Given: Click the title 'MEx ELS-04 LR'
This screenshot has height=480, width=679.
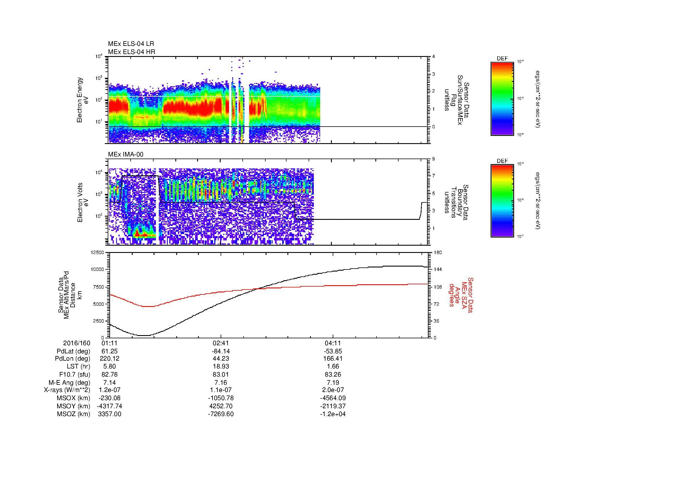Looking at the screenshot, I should click(x=131, y=44).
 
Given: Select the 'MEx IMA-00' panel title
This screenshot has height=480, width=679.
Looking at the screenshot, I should click(x=126, y=154).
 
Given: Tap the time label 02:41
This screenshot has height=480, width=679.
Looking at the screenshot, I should click(x=221, y=343).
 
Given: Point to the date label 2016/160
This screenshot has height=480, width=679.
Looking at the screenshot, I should click(x=77, y=343).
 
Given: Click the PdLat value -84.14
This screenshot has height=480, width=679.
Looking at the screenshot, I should click(x=221, y=351).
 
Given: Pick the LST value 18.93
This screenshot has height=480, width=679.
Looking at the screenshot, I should click(x=221, y=366).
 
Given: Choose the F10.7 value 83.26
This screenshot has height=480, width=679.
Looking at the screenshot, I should click(x=333, y=374).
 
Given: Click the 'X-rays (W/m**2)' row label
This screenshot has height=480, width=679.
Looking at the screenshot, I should click(x=67, y=390).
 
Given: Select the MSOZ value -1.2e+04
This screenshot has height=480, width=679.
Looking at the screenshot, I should click(x=333, y=414).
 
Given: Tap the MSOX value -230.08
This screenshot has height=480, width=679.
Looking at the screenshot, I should click(x=109, y=398).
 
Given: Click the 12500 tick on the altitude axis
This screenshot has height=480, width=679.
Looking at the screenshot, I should click(x=97, y=253).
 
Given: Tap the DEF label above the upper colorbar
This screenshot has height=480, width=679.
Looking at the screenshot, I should click(x=502, y=59).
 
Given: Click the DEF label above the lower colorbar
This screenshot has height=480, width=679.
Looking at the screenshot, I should click(x=502, y=161).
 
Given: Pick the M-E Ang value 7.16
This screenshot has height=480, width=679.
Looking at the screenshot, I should click(x=221, y=382).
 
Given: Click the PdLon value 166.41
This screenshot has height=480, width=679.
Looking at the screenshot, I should click(x=333, y=359).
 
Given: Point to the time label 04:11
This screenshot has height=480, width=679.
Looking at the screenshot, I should click(x=333, y=343).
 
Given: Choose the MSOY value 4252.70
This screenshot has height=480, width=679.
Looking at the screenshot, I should click(x=221, y=406).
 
